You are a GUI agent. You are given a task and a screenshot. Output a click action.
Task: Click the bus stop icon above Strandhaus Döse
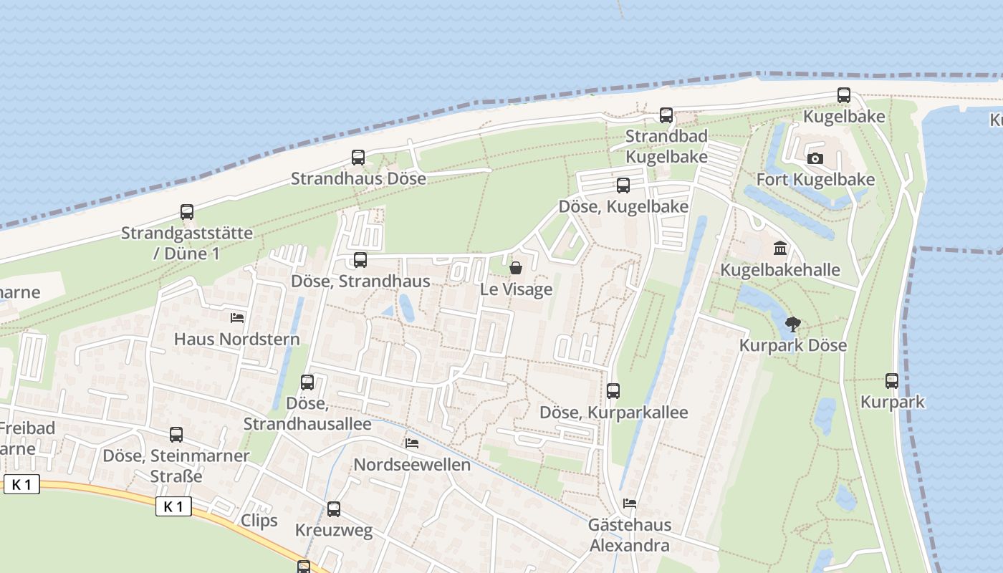click(x=358, y=158)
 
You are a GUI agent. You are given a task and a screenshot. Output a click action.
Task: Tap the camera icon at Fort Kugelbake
click(x=815, y=158)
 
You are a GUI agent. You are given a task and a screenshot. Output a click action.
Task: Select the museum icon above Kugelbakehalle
click(x=780, y=249)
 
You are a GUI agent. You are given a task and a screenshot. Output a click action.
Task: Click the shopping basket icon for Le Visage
click(x=515, y=268)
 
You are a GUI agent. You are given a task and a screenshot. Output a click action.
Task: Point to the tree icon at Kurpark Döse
click(x=793, y=324)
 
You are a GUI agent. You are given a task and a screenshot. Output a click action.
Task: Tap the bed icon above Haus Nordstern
click(x=237, y=317)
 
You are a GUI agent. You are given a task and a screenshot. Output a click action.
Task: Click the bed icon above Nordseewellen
click(x=412, y=443)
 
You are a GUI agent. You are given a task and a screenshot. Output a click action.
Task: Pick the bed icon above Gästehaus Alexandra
click(x=630, y=503)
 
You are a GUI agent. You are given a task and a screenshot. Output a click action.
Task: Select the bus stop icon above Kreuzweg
click(x=334, y=509)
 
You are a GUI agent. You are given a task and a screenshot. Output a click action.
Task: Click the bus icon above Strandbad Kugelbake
click(x=666, y=115)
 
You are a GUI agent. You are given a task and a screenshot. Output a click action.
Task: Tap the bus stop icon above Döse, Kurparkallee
click(x=613, y=391)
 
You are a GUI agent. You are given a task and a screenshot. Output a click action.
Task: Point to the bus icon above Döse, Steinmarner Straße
click(x=176, y=434)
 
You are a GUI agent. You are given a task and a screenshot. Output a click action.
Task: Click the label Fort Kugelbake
click(x=815, y=179)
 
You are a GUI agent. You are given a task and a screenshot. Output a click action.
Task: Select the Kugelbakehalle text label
click(x=779, y=270)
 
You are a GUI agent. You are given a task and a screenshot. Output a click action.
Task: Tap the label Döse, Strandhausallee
click(x=307, y=414)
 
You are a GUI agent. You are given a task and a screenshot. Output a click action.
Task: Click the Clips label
click(x=259, y=520)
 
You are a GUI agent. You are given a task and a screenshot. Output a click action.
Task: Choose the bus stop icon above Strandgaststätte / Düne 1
click(x=187, y=212)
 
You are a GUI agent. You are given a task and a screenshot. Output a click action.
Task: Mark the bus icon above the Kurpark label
click(x=892, y=381)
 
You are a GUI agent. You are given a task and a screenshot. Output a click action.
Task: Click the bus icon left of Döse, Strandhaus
click(x=360, y=260)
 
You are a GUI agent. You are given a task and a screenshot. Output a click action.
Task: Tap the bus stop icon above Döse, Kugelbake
click(x=623, y=186)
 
